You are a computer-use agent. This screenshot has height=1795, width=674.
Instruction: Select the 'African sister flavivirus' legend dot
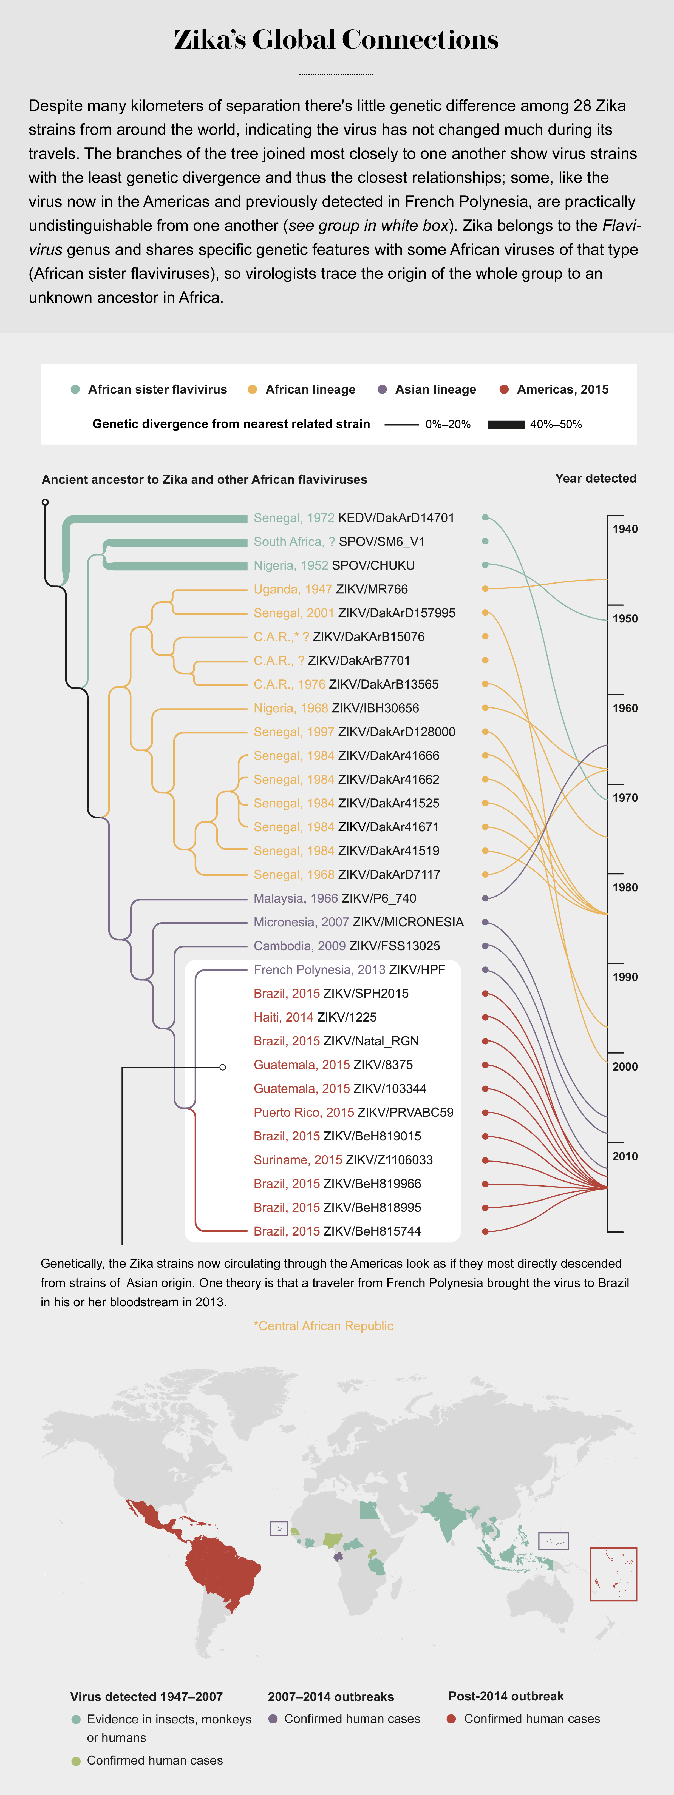[75, 389]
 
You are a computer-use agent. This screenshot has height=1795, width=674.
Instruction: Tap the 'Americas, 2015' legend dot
[504, 389]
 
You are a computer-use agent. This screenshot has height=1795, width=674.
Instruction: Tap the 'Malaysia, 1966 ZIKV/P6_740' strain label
[335, 898]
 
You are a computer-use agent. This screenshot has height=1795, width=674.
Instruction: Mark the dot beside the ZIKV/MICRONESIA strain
[485, 922]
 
